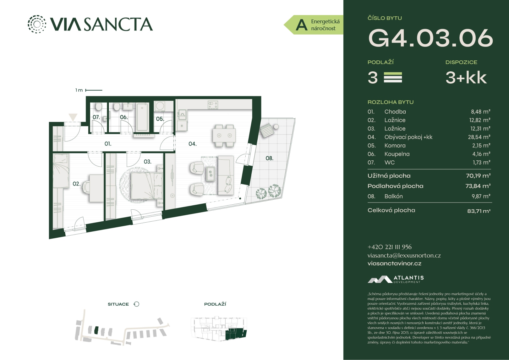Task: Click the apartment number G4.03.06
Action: point(430,38)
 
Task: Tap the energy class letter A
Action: point(301,25)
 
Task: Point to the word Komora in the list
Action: point(395,146)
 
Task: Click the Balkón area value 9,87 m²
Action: point(481,197)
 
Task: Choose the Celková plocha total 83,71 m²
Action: point(479,211)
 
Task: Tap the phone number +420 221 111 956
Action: point(390,247)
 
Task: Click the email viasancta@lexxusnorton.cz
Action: point(404,255)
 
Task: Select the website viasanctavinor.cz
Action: point(395,263)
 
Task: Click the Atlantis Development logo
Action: point(396,279)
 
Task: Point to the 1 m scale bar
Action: point(94,90)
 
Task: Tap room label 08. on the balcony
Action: point(270,158)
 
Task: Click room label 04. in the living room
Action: point(193,144)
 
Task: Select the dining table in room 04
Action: point(224,136)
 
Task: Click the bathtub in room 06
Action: point(142,117)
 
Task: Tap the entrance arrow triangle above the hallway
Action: point(73,117)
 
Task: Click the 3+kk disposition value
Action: point(466,78)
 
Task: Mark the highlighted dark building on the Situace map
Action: point(96,330)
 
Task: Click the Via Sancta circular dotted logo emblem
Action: point(37,24)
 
